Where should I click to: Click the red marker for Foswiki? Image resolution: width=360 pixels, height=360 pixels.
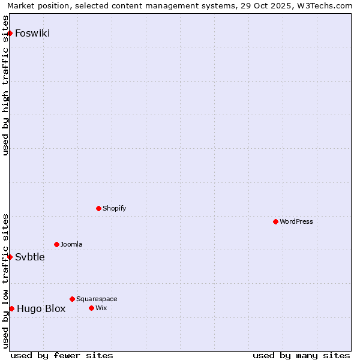click(10, 33)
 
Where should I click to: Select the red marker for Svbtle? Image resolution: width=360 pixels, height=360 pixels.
click(10, 257)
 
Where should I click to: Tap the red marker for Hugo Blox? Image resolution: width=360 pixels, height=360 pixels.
click(11, 308)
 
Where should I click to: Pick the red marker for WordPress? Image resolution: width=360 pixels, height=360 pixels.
click(275, 221)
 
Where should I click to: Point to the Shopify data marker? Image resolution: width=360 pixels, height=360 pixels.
click(98, 208)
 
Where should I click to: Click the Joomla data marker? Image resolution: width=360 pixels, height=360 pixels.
click(56, 244)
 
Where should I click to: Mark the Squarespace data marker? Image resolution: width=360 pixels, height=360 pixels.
click(72, 299)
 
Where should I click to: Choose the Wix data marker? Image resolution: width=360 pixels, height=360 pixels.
click(91, 308)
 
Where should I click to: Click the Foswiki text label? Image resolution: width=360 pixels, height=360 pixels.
click(32, 34)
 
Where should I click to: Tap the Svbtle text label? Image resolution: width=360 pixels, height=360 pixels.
click(30, 257)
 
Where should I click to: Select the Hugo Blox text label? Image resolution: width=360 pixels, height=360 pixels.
click(41, 309)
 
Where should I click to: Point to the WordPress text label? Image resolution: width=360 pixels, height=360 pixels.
click(296, 222)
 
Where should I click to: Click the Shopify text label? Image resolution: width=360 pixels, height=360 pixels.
click(115, 209)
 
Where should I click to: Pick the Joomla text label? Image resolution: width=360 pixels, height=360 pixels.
click(71, 245)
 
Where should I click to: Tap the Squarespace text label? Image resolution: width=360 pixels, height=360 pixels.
click(97, 299)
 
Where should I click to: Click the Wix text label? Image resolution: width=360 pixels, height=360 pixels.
click(101, 308)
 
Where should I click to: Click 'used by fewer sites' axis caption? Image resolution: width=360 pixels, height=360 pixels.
click(62, 355)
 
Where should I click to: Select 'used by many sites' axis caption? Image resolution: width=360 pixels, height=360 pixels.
click(301, 355)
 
